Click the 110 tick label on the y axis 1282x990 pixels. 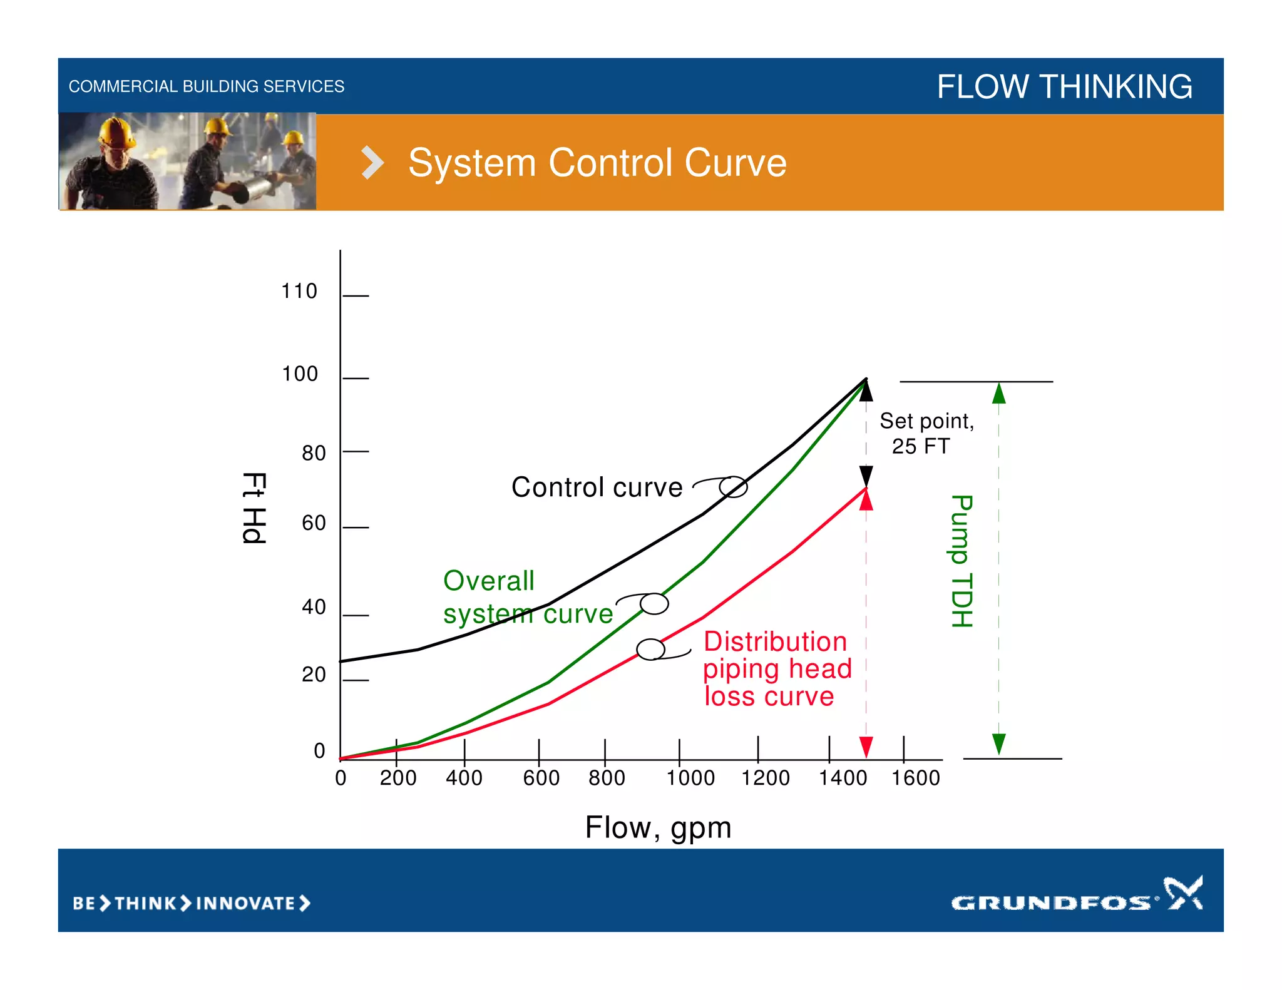(x=299, y=291)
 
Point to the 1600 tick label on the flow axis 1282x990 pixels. (x=915, y=778)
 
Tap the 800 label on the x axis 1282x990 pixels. (x=607, y=778)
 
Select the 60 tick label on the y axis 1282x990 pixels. (x=314, y=523)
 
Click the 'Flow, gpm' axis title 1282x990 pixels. (x=658, y=827)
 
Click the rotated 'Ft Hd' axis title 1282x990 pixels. (x=254, y=508)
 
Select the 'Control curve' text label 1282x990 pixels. (x=597, y=487)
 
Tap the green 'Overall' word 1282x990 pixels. (x=489, y=581)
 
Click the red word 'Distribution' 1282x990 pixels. (x=775, y=641)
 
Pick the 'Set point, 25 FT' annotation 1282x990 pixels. (x=926, y=433)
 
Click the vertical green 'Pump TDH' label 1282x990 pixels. (x=961, y=561)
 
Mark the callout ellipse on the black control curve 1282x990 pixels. (x=733, y=487)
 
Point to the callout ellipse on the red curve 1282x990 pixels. (x=650, y=650)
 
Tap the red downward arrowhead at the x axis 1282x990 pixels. (x=866, y=747)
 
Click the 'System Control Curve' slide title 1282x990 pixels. (x=597, y=163)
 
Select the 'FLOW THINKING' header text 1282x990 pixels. (x=1064, y=86)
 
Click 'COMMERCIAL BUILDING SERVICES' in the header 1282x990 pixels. (x=207, y=86)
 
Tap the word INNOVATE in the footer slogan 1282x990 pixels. (x=245, y=904)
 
